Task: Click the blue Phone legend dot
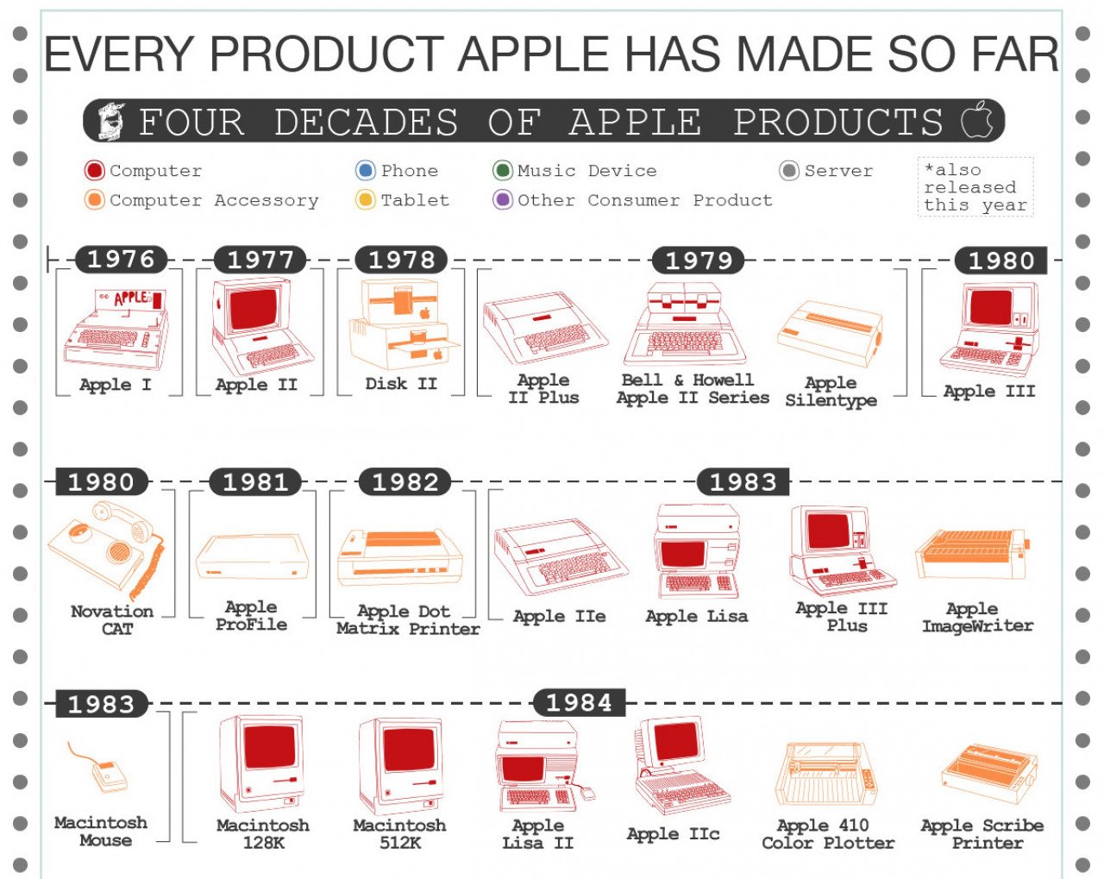pos(365,170)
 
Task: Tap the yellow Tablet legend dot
pos(365,199)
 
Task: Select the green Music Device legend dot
pos(503,170)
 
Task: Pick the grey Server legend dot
pos(789,170)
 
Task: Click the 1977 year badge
pos(260,260)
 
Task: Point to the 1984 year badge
pos(580,702)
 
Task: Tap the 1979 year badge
pos(699,261)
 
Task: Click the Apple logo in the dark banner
pos(976,120)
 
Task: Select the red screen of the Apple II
pos(254,309)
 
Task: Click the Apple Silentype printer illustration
pos(830,333)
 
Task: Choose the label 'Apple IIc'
pos(673,834)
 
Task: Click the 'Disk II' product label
pos(401,383)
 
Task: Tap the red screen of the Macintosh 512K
pos(409,750)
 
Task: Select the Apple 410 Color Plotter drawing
pos(825,775)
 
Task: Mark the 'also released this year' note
pos(975,187)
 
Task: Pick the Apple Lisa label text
pos(697,616)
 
